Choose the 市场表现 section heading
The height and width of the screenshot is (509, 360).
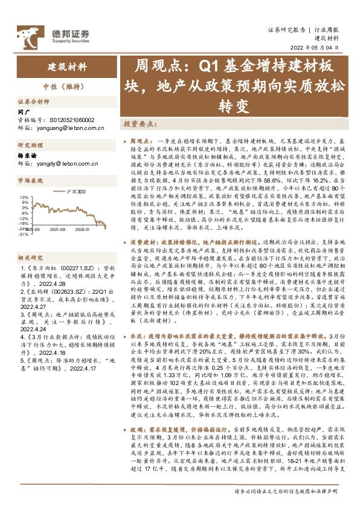(x=30, y=180)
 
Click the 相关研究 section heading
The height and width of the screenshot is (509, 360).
(x=30, y=241)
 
